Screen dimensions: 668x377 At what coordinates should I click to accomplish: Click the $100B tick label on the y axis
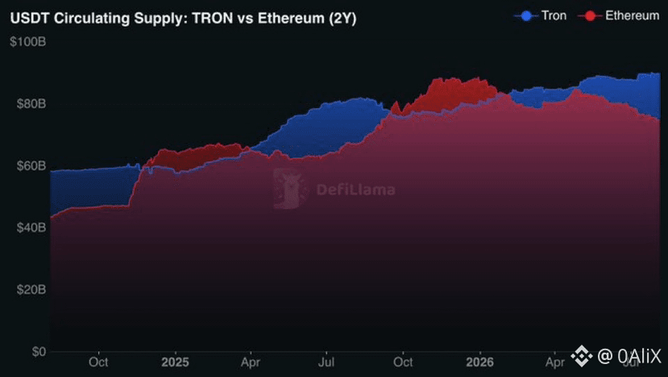[28, 42]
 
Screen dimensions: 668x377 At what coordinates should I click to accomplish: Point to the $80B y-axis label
[31, 104]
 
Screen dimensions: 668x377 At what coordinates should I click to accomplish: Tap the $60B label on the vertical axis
[31, 165]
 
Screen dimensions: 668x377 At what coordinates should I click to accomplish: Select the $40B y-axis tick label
[31, 228]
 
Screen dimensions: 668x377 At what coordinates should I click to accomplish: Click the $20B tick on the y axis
[31, 290]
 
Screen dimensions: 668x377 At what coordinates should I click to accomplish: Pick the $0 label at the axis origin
[39, 351]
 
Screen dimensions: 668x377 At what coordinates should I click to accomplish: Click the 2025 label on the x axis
[175, 362]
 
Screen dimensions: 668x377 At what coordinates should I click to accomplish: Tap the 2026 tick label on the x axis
[479, 362]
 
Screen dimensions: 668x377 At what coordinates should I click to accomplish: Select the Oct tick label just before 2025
[98, 362]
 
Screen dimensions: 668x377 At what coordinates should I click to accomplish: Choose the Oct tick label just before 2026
[403, 362]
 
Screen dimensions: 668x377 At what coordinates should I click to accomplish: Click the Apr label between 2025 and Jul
[251, 362]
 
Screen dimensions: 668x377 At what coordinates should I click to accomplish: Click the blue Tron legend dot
[526, 16]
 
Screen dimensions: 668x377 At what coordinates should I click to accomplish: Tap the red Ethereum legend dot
[590, 16]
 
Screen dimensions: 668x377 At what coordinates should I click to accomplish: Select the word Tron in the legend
[554, 16]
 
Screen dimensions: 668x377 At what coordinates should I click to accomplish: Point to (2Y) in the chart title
[342, 19]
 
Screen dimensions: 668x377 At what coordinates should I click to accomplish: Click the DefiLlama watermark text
[355, 190]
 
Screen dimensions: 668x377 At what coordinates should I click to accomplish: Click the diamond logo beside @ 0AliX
[582, 356]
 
